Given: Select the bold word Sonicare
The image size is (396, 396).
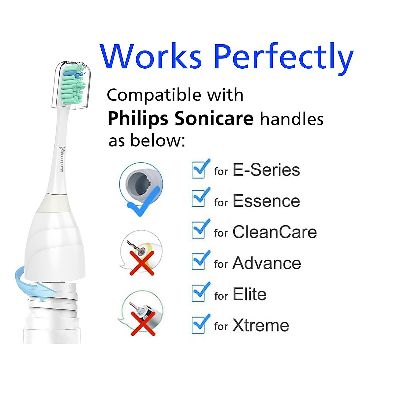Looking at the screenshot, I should pos(214,118).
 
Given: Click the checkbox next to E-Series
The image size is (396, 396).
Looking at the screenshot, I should pos(199,170).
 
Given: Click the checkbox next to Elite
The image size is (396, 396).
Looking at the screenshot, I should pos(199,292).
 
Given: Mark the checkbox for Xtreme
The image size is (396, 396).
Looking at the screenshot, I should pos(199,324).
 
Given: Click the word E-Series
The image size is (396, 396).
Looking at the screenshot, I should pos(266,170).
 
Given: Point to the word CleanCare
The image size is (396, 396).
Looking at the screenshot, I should pos(275,232).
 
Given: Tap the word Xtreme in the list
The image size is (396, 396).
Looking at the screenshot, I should pos(261,325).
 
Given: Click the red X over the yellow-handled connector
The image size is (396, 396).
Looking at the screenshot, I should pos(142,262).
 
